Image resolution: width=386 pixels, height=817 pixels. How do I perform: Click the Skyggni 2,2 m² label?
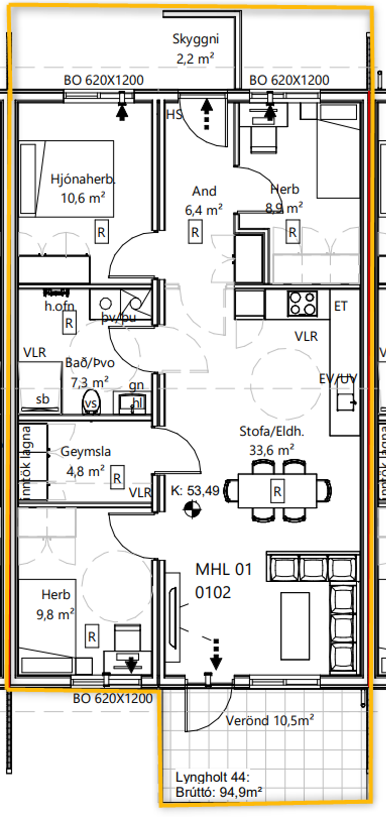coord(195,48)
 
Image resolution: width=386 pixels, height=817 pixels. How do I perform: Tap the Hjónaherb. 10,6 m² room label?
coord(83,188)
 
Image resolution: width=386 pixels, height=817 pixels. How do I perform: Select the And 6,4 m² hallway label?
coord(204,200)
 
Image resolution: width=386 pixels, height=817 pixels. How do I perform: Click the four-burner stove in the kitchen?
coord(302,303)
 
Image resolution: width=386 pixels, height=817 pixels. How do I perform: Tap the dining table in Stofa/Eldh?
coord(277,491)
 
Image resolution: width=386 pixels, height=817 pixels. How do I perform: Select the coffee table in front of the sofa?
coord(295,626)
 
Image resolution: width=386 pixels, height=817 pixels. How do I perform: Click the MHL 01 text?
coord(223,569)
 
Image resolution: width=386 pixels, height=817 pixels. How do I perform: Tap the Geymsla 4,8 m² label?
coord(86,461)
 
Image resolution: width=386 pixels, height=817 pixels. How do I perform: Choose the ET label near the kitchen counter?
coord(341,306)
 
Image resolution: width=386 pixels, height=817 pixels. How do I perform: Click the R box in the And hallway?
coord(195,232)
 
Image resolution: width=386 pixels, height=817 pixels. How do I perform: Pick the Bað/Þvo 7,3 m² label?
coord(90,372)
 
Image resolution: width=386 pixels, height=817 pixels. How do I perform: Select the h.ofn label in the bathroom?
coord(59,306)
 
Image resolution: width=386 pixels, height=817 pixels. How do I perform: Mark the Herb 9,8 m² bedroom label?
coord(55,605)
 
